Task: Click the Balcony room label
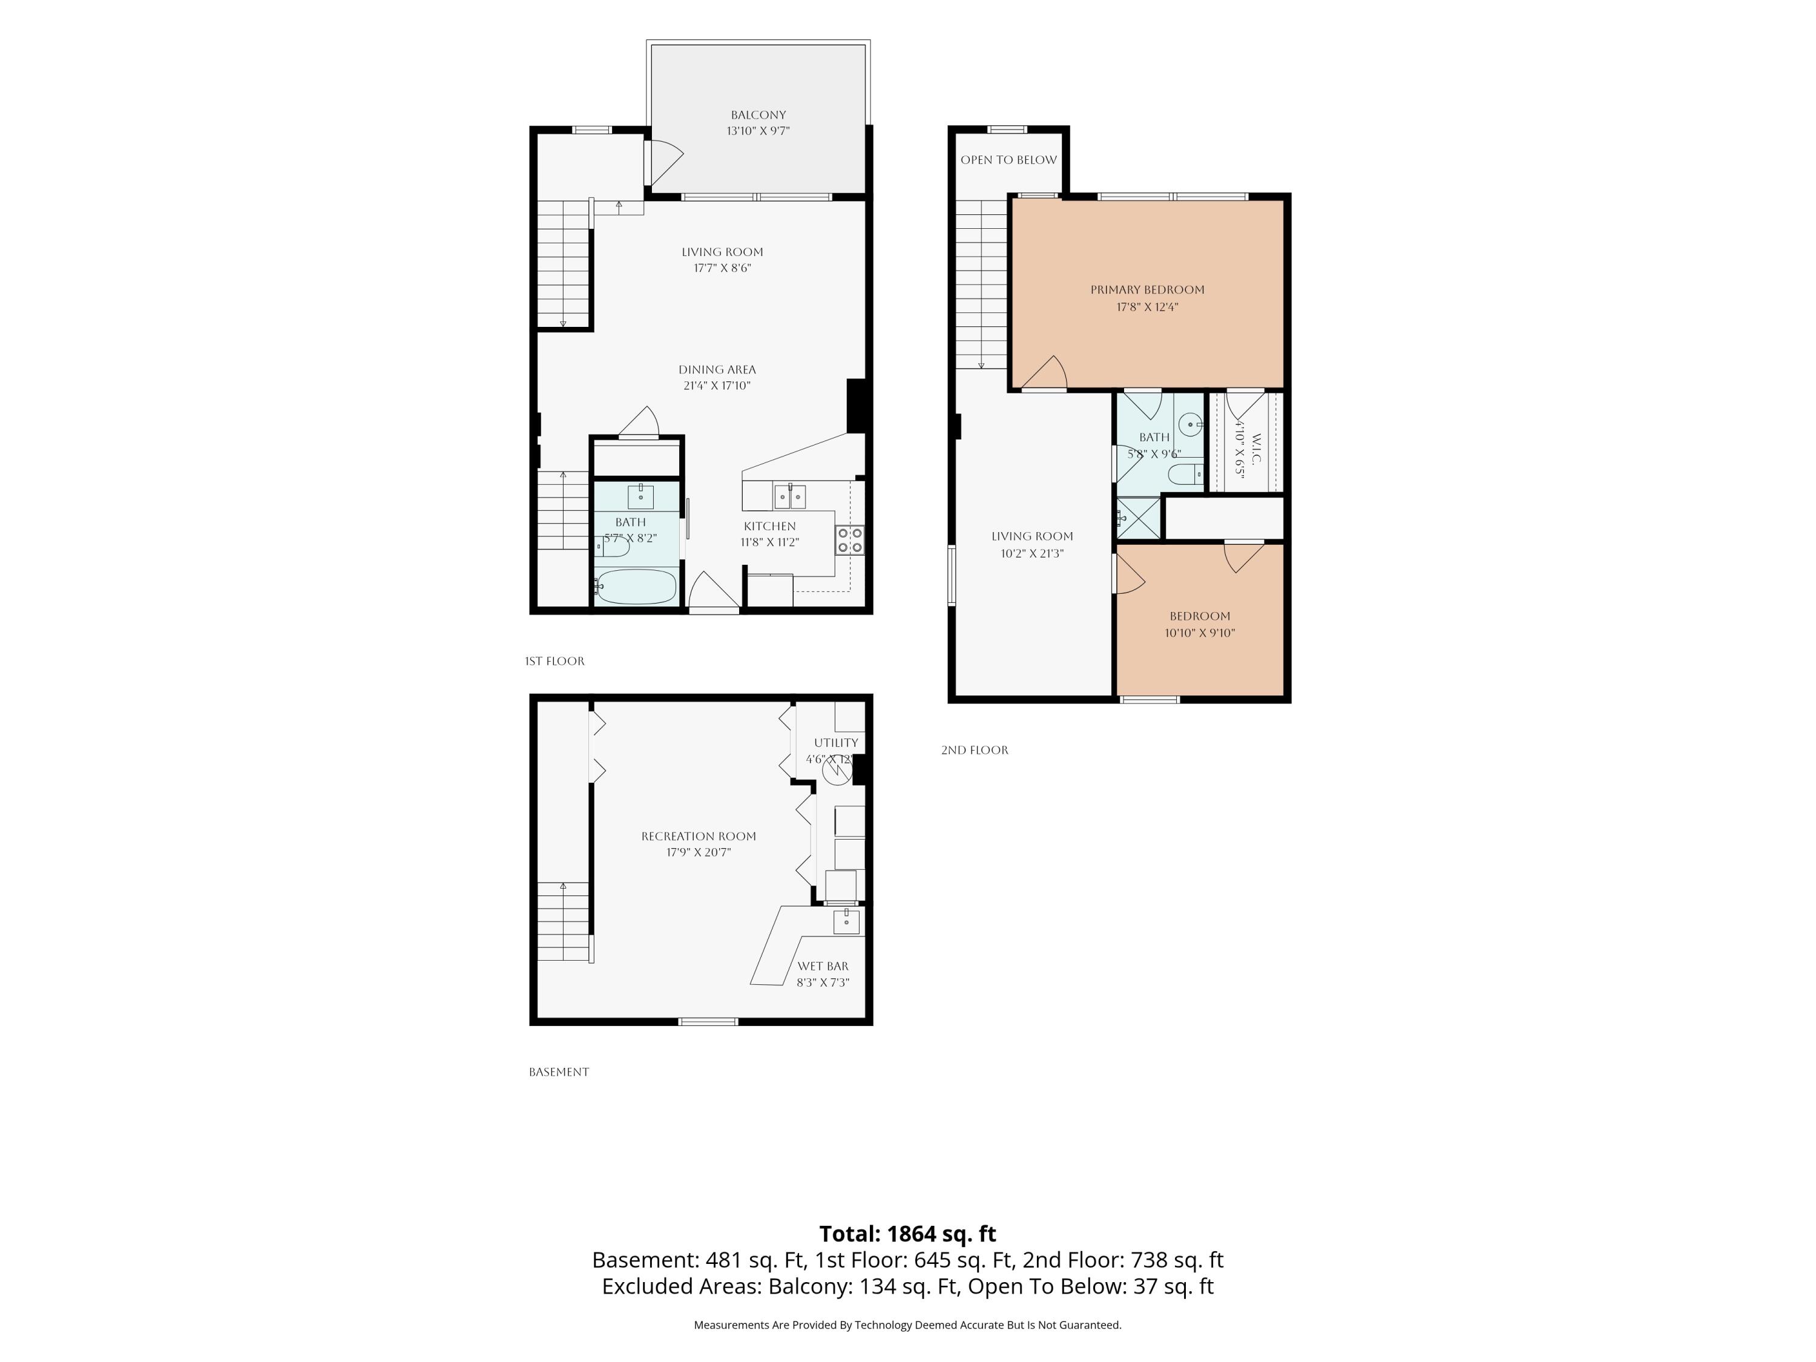click(x=758, y=115)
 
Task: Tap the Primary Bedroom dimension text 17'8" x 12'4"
click(x=1147, y=307)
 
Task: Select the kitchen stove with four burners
click(x=850, y=540)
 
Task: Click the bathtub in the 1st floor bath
click(x=636, y=586)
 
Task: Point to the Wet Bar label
click(x=823, y=966)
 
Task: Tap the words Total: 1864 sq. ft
click(x=907, y=1234)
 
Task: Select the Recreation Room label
click(x=699, y=837)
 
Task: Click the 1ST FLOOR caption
click(x=555, y=661)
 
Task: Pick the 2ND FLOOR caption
click(x=975, y=749)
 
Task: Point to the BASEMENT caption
click(x=559, y=1071)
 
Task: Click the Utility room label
click(x=836, y=743)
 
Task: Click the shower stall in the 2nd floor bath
click(x=1139, y=518)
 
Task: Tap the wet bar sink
click(x=846, y=921)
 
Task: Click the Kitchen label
click(x=769, y=526)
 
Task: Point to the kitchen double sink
click(x=789, y=497)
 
